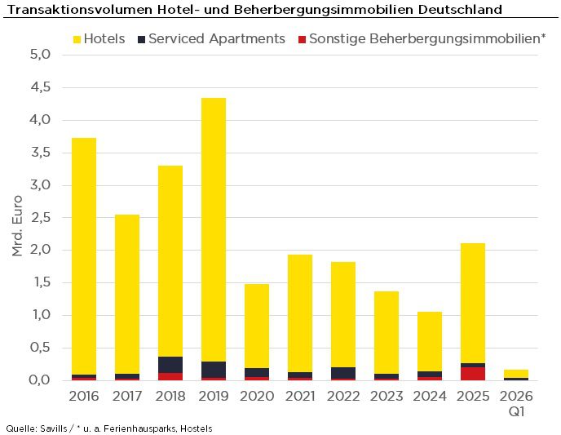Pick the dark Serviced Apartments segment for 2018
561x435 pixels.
point(170,365)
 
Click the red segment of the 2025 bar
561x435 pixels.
point(473,374)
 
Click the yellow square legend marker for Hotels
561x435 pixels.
point(77,39)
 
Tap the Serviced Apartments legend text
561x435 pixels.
point(217,39)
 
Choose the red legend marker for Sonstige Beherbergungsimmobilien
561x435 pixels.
point(302,39)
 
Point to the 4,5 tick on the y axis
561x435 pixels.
point(41,87)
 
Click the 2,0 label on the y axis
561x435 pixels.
point(41,251)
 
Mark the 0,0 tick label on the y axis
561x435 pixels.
point(41,380)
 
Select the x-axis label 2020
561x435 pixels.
point(257,396)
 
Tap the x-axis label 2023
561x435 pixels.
point(387,396)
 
